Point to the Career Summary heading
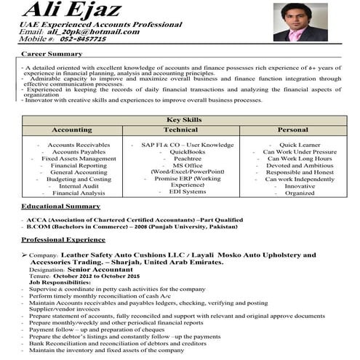51,55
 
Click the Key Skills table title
183,119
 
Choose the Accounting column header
72,129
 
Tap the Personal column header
293,129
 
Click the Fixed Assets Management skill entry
79,158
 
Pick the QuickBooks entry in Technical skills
188,151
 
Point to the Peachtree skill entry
188,158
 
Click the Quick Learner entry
300,145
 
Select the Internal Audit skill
79,185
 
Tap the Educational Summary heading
60,207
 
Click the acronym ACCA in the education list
37,219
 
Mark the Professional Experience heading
63,239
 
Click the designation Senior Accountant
95,270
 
